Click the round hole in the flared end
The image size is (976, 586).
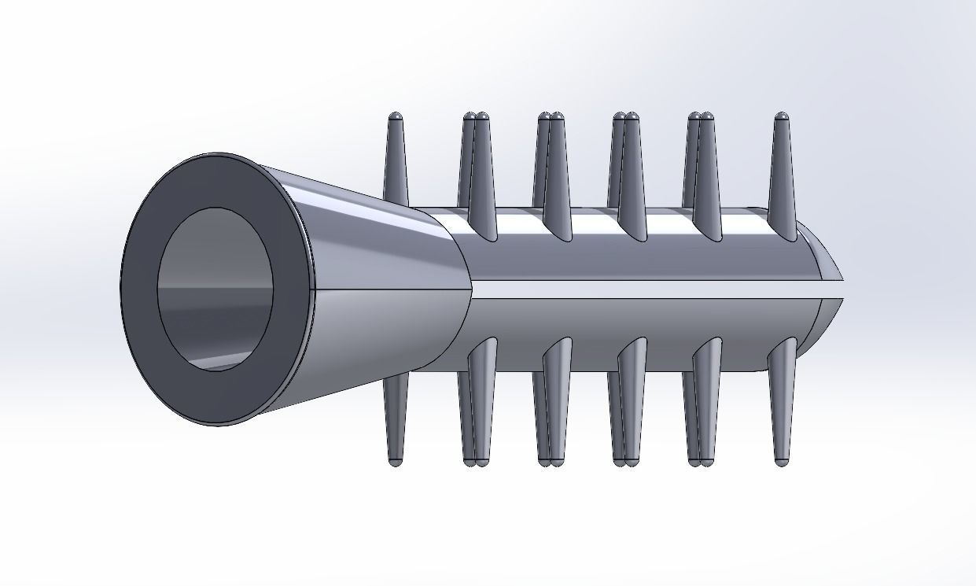pos(215,289)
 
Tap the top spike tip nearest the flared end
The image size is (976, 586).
pos(396,117)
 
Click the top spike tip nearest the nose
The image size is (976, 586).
pos(782,117)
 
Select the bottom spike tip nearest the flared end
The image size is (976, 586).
pos(396,462)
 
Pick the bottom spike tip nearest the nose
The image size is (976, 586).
pos(782,462)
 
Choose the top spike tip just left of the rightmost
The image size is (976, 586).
pos(706,117)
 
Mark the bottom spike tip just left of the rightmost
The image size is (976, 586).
pos(706,462)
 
